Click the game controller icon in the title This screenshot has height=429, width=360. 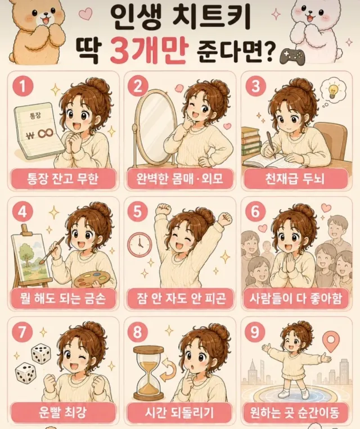[292, 56]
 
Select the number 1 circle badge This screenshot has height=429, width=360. [23, 86]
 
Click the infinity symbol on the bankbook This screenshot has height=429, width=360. [46, 134]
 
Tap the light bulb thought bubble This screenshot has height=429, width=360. [332, 90]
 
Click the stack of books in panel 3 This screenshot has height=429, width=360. [251, 141]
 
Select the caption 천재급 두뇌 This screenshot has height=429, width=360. [295, 179]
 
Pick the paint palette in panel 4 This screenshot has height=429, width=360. [92, 278]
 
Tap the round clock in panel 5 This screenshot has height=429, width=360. [140, 245]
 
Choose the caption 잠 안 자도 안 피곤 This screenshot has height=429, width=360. [180, 298]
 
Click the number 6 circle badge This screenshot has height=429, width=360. [255, 211]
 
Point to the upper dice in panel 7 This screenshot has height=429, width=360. [42, 354]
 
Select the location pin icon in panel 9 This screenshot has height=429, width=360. [331, 342]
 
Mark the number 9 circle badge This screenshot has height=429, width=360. [255, 332]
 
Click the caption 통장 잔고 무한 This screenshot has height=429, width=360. [62, 179]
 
